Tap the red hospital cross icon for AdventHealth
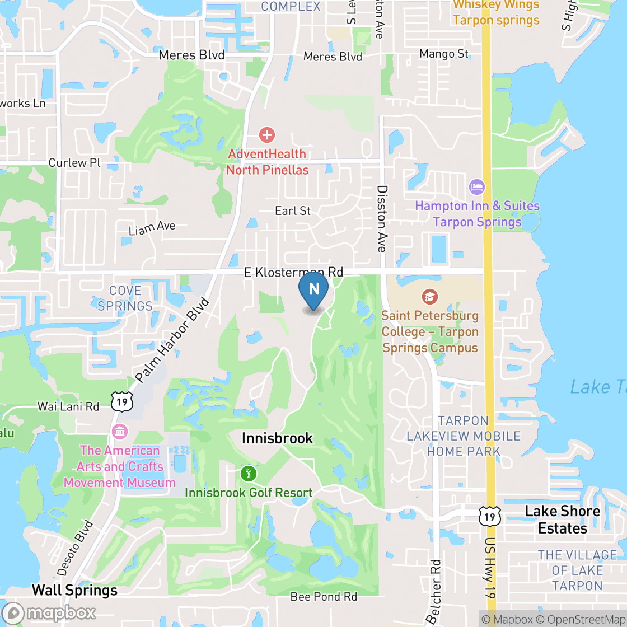coord(267,135)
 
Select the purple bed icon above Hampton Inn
coord(477,186)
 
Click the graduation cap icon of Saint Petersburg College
coord(429,297)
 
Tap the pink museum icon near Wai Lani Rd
coord(120,432)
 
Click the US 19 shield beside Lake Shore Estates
coord(490,516)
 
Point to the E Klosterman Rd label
coord(293,272)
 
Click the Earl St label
coord(293,211)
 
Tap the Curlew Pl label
coord(74,163)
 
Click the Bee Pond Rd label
coord(324,597)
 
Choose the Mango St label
coord(444,54)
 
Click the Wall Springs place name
coord(74,590)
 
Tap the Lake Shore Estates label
coord(562,520)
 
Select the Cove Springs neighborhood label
coord(125,298)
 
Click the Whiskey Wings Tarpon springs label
coord(496,12)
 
